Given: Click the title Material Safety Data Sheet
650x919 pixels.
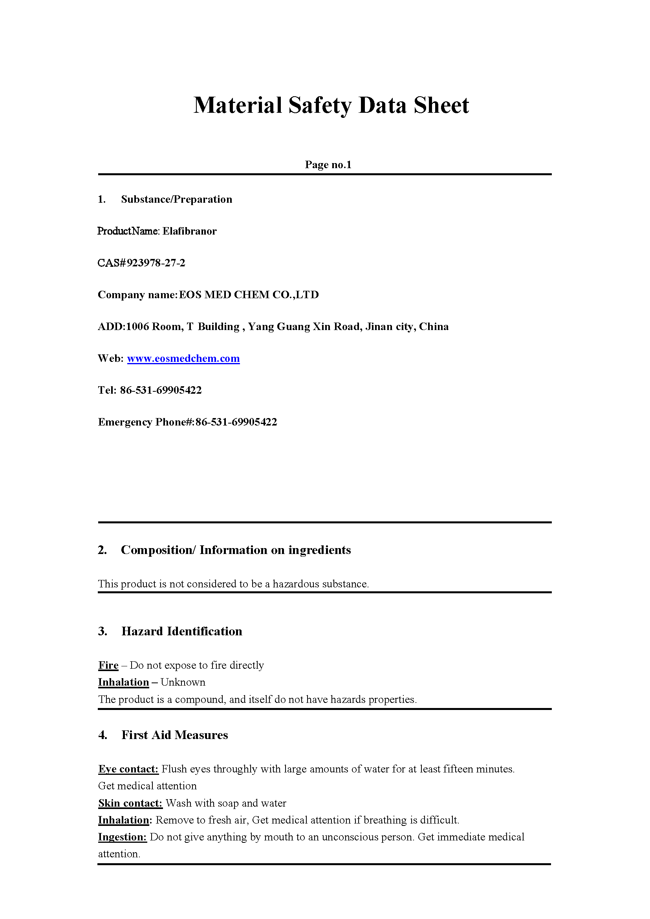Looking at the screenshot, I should click(x=331, y=105).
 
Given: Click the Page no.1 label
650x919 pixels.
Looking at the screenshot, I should click(x=328, y=165).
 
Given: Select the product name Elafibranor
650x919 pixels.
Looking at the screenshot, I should click(x=189, y=231).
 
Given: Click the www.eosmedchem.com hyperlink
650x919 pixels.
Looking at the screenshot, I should click(x=183, y=358).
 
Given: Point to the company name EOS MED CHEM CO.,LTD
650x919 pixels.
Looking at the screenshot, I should click(x=249, y=295).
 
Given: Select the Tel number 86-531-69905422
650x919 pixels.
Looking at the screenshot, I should click(x=161, y=390).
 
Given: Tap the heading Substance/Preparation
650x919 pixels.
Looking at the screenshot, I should click(x=176, y=200).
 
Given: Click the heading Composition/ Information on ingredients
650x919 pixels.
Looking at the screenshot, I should click(x=236, y=550).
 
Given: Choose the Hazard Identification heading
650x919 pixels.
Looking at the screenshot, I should click(x=182, y=631).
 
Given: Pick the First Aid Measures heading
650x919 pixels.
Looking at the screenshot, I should click(x=174, y=735).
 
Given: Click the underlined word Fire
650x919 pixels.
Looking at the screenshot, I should click(x=108, y=665).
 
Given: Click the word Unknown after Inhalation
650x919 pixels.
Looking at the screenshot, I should click(x=183, y=682).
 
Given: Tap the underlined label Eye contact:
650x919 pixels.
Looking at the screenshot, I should click(x=128, y=769).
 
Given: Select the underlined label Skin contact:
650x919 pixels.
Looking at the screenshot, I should click(x=130, y=803).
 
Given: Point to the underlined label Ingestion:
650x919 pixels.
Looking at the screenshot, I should click(x=123, y=837).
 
